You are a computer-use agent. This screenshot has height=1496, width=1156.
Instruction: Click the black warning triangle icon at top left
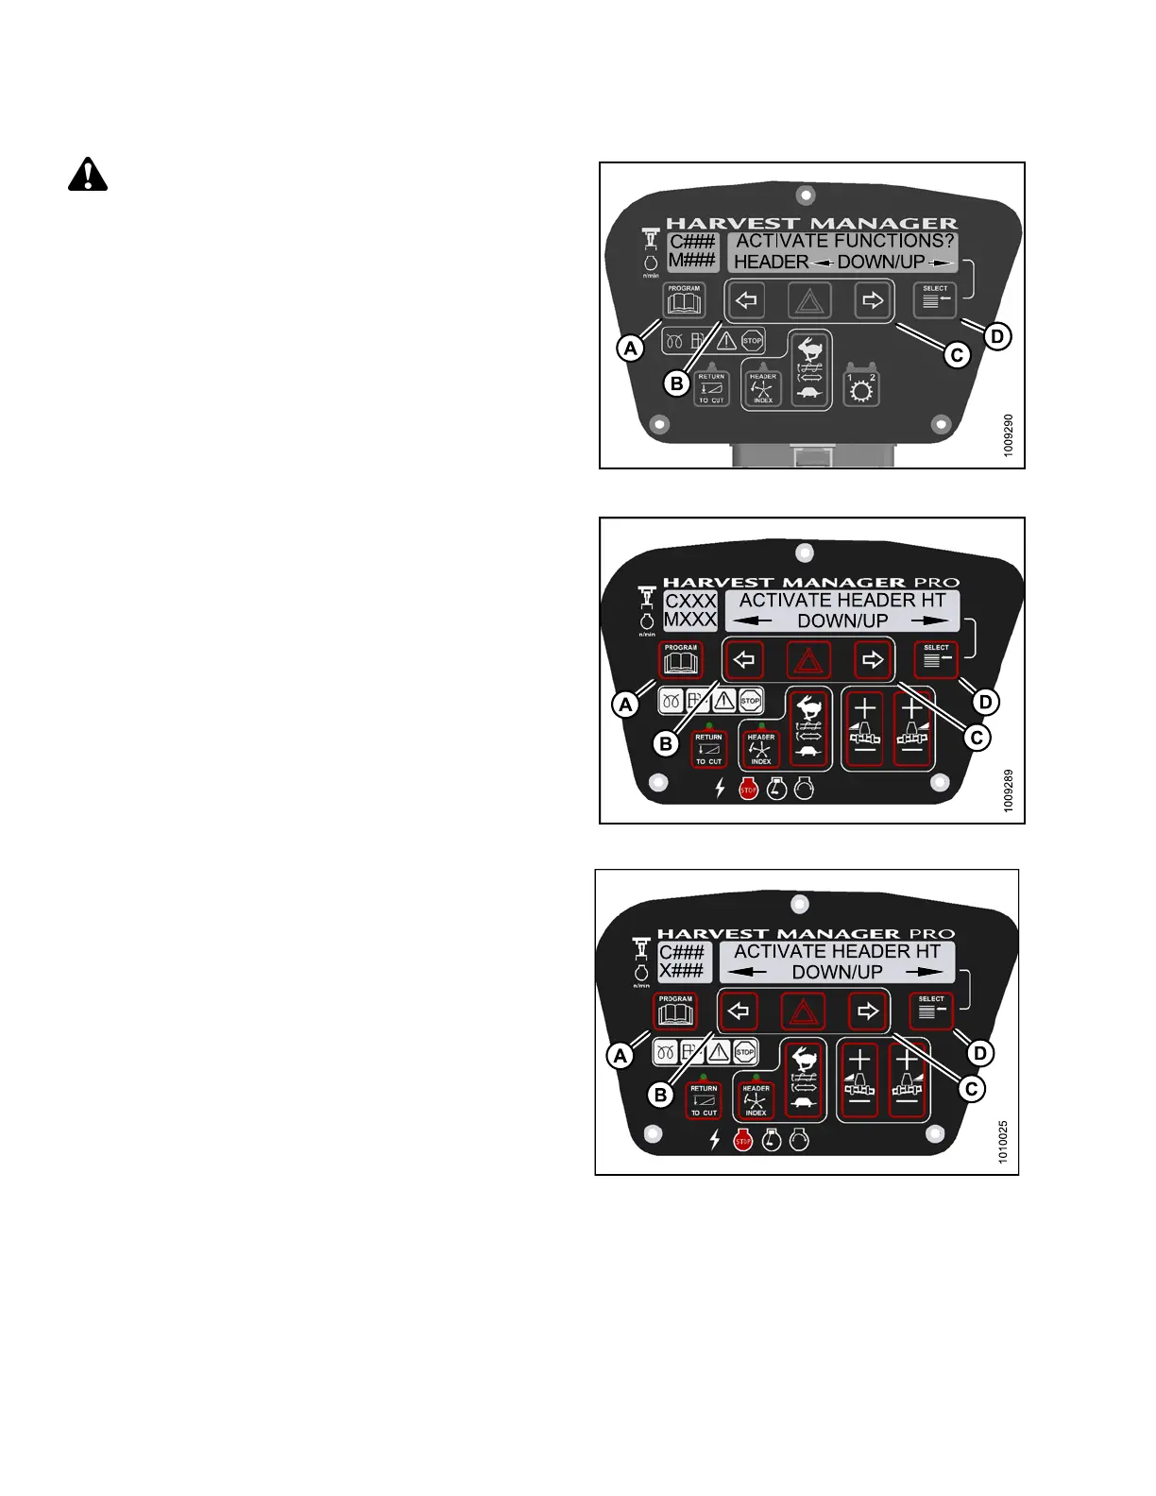(88, 175)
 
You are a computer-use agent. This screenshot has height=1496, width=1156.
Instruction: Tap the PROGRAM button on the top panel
(685, 301)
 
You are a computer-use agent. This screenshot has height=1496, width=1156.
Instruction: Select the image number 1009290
(1009, 435)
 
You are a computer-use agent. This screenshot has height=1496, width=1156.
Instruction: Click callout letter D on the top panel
(997, 335)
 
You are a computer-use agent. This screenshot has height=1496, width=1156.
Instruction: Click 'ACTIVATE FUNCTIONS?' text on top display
(844, 241)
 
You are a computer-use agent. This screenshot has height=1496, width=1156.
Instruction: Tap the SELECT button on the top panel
(935, 300)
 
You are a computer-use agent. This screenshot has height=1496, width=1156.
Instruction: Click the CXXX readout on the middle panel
(690, 601)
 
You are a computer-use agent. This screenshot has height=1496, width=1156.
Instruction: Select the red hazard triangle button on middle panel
(808, 661)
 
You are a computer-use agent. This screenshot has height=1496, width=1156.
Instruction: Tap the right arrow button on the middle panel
(873, 660)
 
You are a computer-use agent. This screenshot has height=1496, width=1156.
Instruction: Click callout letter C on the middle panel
(977, 737)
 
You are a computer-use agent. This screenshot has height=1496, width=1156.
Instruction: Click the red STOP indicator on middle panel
(748, 789)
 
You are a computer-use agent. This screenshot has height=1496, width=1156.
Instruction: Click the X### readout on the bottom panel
(682, 971)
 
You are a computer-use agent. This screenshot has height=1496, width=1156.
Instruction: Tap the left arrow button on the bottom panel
(739, 1011)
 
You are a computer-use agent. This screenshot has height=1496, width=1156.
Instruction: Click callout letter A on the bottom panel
(620, 1055)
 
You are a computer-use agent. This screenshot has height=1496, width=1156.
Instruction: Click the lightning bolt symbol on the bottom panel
(715, 1141)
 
